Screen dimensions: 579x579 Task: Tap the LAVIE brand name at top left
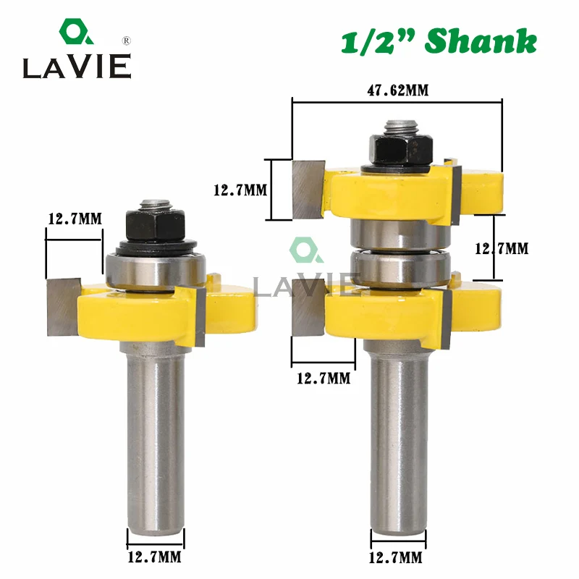click(x=77, y=67)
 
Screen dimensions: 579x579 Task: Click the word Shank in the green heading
click(x=481, y=41)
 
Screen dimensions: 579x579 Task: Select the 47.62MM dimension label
click(x=398, y=90)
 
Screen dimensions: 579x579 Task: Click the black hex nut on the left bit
click(x=155, y=224)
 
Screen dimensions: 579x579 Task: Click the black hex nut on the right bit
click(x=401, y=150)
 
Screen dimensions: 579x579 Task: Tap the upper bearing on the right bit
click(x=401, y=234)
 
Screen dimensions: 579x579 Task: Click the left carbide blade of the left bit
click(x=64, y=306)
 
